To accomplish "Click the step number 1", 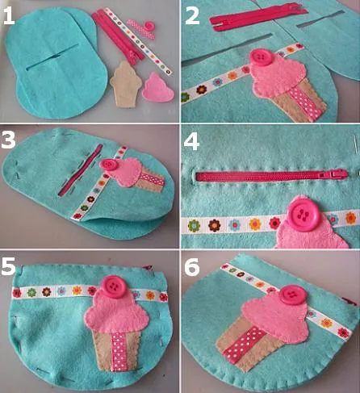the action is (x=8, y=15).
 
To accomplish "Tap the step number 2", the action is (x=192, y=15).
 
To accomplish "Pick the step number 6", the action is (x=192, y=266).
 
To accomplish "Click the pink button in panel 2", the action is (x=260, y=56).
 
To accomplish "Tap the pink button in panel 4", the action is (x=303, y=213).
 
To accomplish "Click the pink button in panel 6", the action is (x=291, y=295).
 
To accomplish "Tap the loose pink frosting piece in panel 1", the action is (x=158, y=88).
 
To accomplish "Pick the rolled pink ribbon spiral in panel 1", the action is (x=149, y=26).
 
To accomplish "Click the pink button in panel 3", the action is (x=109, y=165).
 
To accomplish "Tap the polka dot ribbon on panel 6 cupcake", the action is (x=245, y=345).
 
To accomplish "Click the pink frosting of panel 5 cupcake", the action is (x=117, y=312).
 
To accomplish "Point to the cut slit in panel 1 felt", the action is (x=52, y=56).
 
